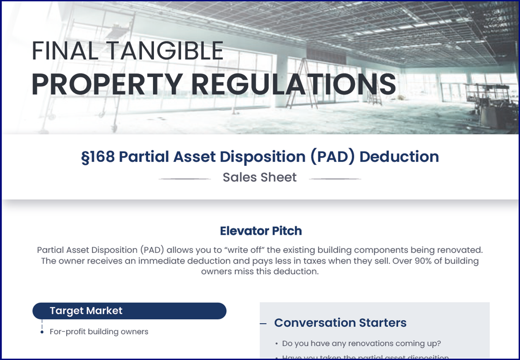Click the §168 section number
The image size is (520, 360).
(98, 157)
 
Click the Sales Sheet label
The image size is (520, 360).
(260, 178)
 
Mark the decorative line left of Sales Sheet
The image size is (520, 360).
(185, 179)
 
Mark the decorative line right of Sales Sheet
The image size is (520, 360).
(335, 179)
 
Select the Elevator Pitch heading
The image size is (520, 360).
(260, 231)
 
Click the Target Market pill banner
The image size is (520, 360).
(129, 311)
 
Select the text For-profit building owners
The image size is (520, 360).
(99, 332)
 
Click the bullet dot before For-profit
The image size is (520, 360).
(42, 332)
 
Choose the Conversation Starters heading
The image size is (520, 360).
(340, 323)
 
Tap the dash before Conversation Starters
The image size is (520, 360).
(263, 324)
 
